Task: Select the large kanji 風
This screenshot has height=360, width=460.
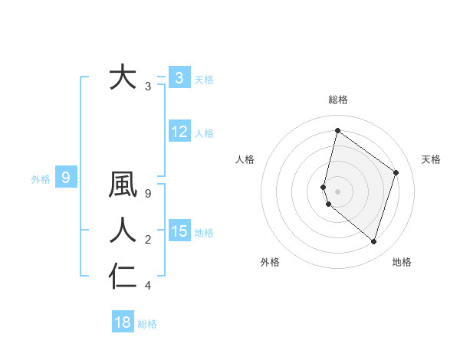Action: tap(123, 185)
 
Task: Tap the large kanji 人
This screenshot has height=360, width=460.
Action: tap(123, 231)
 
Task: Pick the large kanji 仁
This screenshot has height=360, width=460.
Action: tap(123, 276)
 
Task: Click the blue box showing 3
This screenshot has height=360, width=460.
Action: tap(179, 78)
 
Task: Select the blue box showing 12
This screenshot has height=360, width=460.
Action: tap(179, 132)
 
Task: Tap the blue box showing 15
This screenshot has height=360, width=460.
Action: tap(179, 231)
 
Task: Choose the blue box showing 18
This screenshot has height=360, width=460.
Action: tap(123, 322)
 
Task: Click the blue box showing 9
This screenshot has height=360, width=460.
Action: tap(66, 178)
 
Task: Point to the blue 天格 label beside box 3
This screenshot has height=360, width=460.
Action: tap(204, 80)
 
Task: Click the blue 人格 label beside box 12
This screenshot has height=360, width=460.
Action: tap(204, 133)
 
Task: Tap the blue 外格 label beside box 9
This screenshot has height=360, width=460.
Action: tap(41, 179)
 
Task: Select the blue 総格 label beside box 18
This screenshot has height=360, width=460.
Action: tap(147, 324)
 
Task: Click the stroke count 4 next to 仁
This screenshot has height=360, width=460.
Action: tap(148, 286)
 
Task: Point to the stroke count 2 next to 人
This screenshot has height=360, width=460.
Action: tap(148, 241)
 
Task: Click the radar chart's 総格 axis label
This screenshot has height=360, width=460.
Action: tap(337, 100)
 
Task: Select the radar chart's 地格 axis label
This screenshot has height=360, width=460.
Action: tap(402, 262)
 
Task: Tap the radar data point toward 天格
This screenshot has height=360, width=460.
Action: tap(396, 172)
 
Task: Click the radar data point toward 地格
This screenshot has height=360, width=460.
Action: tap(373, 241)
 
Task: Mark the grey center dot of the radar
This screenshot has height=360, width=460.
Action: tap(337, 191)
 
